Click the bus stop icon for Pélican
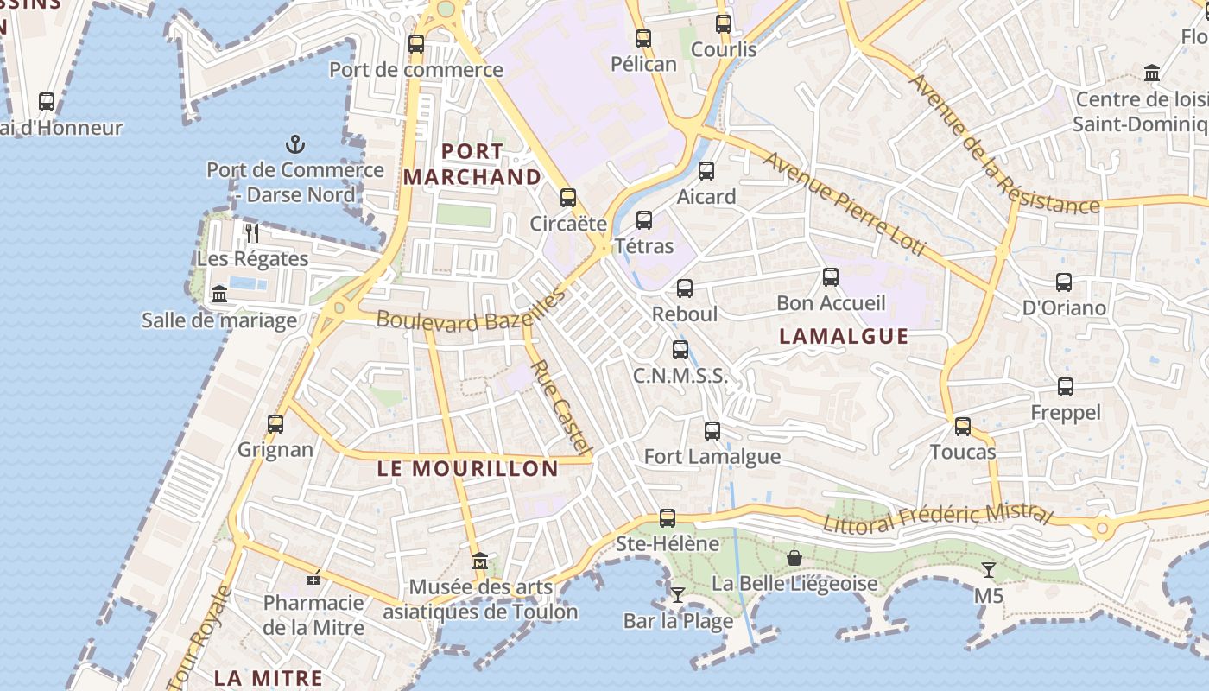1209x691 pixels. (x=642, y=39)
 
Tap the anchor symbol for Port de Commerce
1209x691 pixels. (x=295, y=144)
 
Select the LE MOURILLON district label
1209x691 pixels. (x=467, y=469)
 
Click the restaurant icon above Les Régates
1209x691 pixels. (x=252, y=232)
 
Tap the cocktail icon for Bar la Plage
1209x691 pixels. (x=678, y=594)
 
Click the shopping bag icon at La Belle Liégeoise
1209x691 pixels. (x=794, y=558)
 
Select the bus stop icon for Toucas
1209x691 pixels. (x=963, y=427)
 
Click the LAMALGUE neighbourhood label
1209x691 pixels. (x=844, y=337)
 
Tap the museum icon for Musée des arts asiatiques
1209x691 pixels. (x=480, y=561)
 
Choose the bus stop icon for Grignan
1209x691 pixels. (x=275, y=424)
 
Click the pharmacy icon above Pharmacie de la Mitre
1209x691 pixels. (x=313, y=577)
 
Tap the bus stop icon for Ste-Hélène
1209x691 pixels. (x=668, y=518)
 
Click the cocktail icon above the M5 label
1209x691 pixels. (x=989, y=570)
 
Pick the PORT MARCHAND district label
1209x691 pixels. (x=472, y=164)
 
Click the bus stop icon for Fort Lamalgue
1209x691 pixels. (x=712, y=431)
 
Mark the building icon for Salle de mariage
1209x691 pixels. (x=219, y=295)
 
